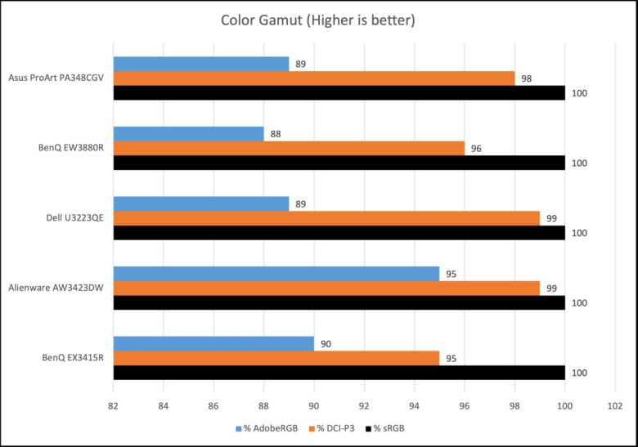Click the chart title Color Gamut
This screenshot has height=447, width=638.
tap(318, 20)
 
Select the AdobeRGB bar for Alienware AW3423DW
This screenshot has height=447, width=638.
tap(276, 274)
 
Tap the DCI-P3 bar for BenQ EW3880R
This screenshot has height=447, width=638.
tap(289, 148)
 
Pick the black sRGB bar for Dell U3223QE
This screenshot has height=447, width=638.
tap(339, 232)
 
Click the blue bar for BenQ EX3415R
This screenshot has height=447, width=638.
tap(213, 344)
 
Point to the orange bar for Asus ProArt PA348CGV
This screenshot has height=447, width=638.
tap(313, 78)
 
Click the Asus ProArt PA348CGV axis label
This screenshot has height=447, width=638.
tap(56, 78)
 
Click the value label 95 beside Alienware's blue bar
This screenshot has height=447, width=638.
tap(452, 274)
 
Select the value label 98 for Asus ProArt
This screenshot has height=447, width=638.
tap(527, 78)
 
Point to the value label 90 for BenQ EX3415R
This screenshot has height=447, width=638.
tap(326, 344)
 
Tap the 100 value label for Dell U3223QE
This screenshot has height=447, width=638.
tap(580, 233)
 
